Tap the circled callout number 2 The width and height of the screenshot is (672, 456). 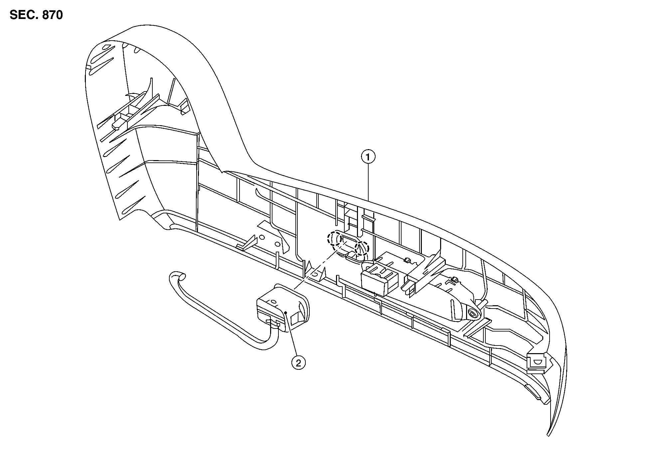click(x=298, y=363)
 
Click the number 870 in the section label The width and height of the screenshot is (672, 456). click(x=52, y=15)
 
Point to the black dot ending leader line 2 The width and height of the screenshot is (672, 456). click(x=286, y=312)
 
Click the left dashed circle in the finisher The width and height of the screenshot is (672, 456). click(x=334, y=238)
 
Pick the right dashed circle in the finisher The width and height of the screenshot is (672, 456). click(x=362, y=248)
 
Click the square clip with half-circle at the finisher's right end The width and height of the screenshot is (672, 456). click(x=537, y=362)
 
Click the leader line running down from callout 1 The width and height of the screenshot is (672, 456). click(x=368, y=183)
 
